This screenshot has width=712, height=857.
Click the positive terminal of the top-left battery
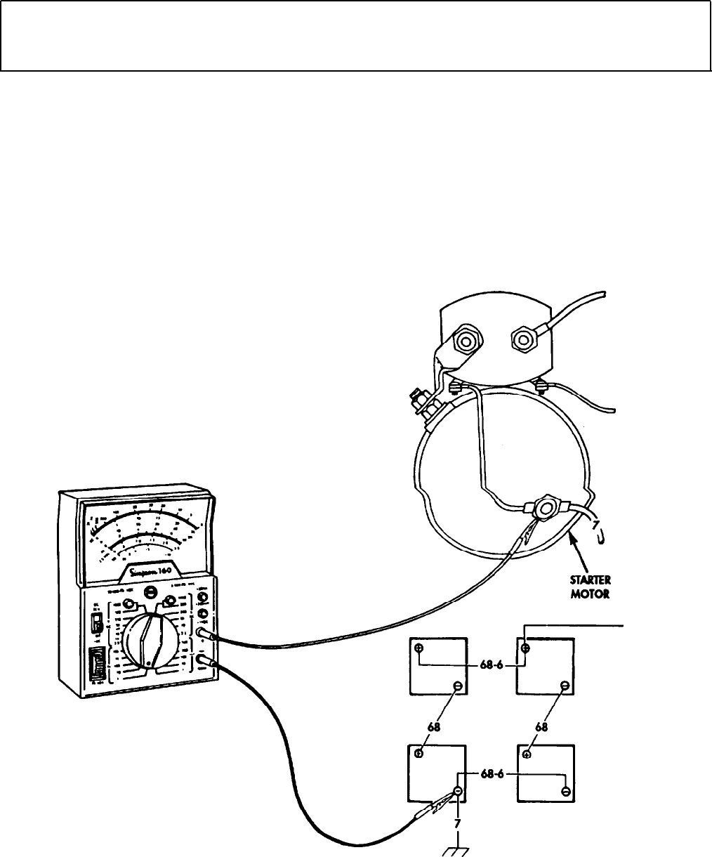pos(419,648)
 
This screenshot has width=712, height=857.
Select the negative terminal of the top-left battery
pos(457,686)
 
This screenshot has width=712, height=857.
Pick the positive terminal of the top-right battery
pos(526,648)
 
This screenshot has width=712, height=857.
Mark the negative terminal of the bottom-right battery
pos(565,792)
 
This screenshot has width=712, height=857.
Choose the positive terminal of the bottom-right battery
pos(527,754)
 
